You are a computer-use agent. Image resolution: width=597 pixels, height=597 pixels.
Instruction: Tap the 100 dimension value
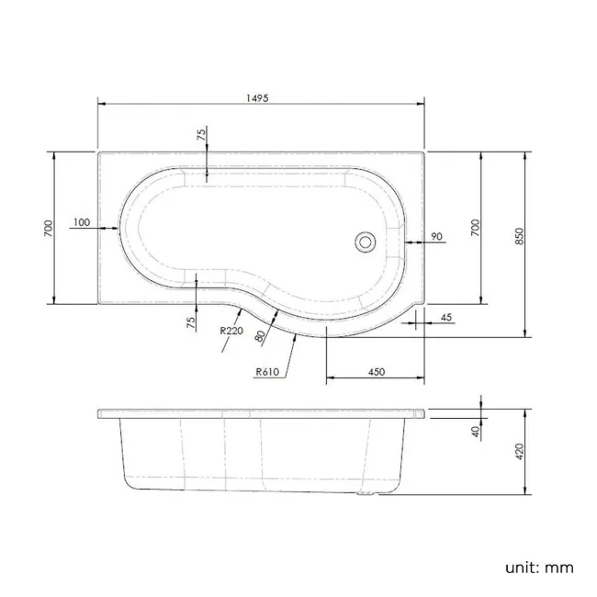click(x=80, y=222)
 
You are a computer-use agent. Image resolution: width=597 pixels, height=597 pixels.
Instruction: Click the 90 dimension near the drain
click(x=436, y=237)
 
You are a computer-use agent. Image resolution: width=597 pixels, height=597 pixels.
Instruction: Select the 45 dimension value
click(x=446, y=317)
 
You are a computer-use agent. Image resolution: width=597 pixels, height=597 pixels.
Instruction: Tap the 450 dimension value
click(x=377, y=371)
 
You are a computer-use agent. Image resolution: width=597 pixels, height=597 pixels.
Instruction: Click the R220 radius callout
click(x=231, y=332)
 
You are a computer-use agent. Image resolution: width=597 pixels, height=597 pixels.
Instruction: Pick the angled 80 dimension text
click(x=262, y=336)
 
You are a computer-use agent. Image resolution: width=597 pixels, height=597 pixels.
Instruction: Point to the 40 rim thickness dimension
click(x=477, y=432)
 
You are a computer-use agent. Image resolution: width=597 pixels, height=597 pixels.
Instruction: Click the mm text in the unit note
click(x=560, y=567)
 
